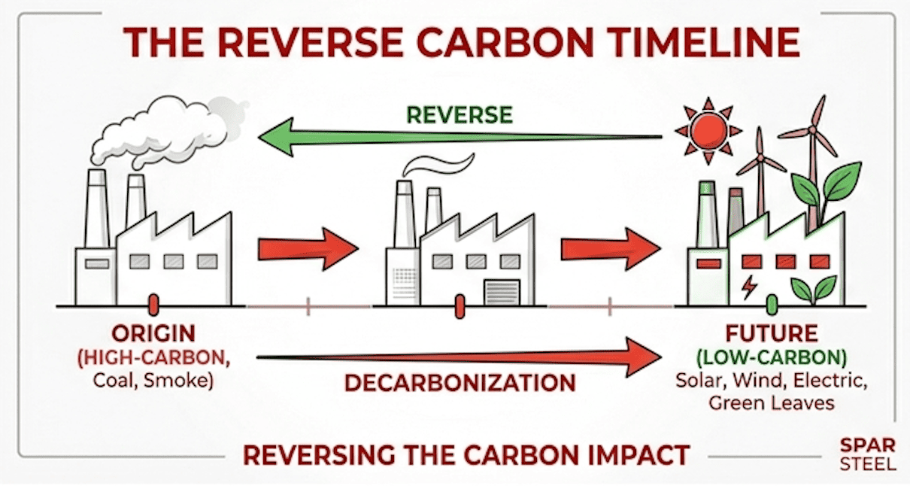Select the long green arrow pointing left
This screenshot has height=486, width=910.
(x=459, y=139)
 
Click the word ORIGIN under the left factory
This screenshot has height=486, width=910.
(x=153, y=333)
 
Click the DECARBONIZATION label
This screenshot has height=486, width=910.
(x=460, y=382)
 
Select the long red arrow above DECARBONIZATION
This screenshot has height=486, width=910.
(x=459, y=355)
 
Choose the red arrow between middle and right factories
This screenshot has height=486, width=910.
(x=610, y=249)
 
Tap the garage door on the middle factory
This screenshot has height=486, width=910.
(x=501, y=292)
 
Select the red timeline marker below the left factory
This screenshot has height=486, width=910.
(x=153, y=305)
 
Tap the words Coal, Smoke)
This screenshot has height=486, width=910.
(x=153, y=380)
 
